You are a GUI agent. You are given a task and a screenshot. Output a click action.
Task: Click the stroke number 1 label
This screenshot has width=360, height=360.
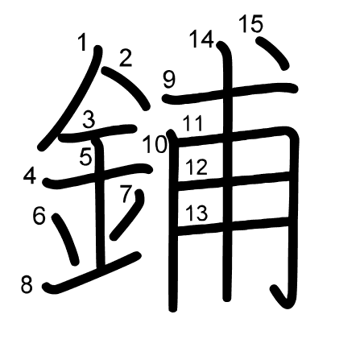tap(83, 43)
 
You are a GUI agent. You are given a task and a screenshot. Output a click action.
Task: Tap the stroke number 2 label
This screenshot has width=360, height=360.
tap(126, 59)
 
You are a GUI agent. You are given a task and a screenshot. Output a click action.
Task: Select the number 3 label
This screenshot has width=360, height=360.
tap(89, 120)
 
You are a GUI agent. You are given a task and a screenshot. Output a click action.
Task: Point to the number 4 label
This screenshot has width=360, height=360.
tap(30, 176)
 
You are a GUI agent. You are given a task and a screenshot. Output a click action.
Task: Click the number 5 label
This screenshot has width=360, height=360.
tap(86, 157)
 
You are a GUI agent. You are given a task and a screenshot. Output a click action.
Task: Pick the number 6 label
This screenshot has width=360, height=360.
tap(39, 217)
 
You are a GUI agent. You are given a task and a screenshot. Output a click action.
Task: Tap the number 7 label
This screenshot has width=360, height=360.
tap(126, 194)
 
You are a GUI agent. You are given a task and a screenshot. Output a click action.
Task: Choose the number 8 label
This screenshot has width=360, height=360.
tap(27, 284)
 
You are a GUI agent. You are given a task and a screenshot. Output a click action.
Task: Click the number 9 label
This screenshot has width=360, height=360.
tap(169, 80)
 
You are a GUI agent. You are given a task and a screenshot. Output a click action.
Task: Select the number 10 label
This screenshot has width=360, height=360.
tap(155, 144)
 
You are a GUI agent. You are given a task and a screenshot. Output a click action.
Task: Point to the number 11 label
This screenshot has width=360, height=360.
tap(192, 123)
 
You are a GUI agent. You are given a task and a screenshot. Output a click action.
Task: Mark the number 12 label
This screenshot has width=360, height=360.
tap(197, 167)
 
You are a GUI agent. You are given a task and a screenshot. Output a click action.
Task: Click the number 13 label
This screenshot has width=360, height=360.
tap(197, 213)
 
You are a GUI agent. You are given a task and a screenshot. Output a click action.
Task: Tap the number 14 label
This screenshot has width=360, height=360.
tap(202, 39)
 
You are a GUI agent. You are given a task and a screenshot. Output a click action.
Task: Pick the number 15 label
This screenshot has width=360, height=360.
tap(251, 23)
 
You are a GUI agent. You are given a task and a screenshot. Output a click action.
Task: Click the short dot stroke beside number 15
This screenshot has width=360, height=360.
tap(272, 53)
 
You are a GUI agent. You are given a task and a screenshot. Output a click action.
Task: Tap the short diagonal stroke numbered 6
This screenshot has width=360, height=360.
tap(66, 239)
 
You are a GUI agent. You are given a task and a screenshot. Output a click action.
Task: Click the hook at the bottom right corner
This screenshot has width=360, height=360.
tap(285, 298)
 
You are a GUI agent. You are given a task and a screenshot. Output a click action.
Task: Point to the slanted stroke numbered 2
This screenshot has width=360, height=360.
tap(126, 88)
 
